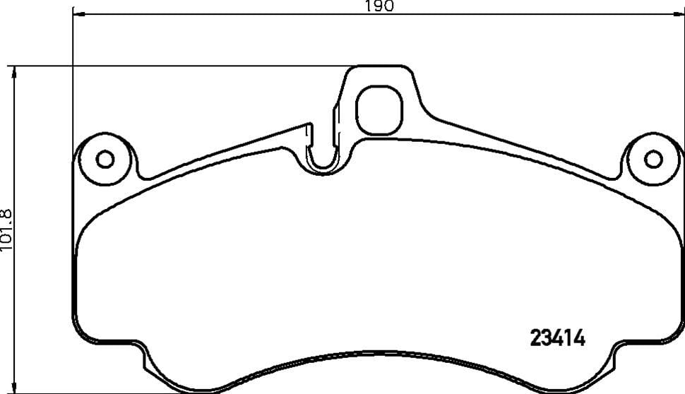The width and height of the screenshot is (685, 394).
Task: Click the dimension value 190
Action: (379, 6)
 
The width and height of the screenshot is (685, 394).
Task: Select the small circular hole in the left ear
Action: (105, 159)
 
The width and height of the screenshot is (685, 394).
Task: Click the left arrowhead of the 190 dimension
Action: (76, 14)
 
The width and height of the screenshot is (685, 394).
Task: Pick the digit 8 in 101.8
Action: (6, 212)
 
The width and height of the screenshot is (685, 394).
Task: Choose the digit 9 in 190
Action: (379, 6)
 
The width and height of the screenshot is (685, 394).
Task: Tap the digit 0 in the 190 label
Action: (387, 6)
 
